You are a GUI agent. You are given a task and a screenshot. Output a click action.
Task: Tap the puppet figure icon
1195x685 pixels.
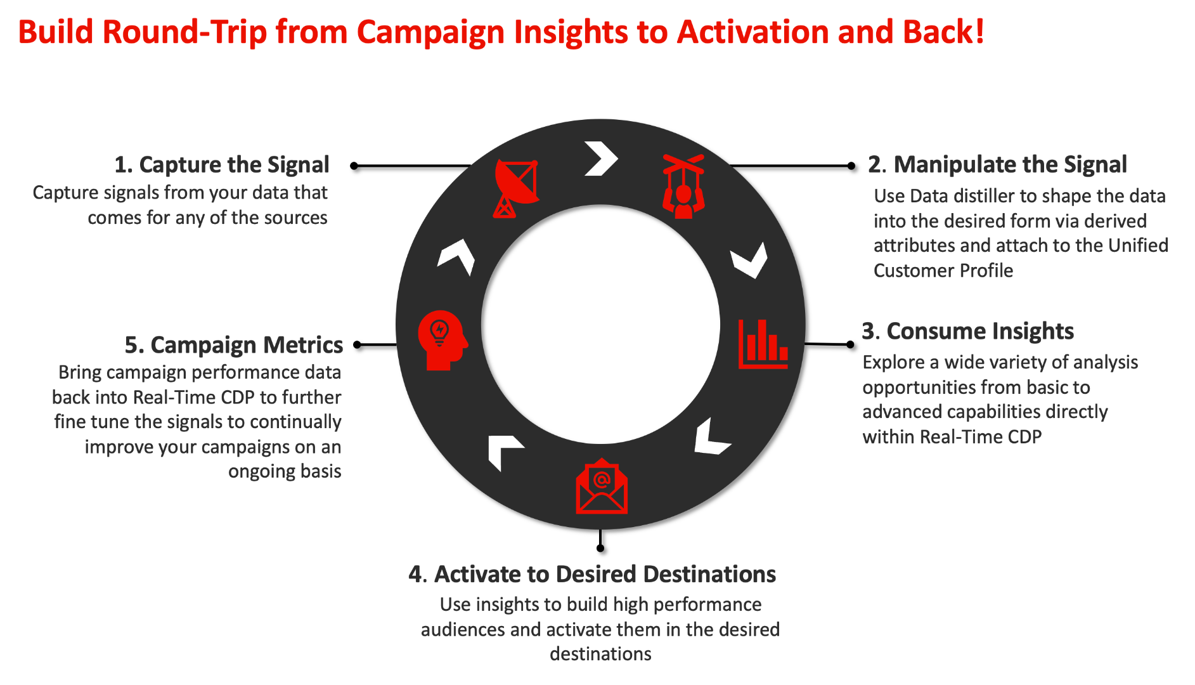[x=683, y=187]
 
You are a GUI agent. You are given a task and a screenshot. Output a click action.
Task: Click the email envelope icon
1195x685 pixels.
[x=601, y=487]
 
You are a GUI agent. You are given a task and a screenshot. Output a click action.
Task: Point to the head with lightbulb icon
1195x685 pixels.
[x=442, y=339]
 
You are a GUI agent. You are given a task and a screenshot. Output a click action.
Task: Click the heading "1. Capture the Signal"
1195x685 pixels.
[x=221, y=165]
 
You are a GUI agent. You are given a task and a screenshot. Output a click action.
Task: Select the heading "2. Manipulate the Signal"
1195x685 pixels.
[x=997, y=165]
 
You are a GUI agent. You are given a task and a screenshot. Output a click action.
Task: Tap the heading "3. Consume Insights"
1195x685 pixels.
[x=967, y=331]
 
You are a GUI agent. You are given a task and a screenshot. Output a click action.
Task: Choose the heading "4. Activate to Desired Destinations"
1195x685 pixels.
[x=592, y=574]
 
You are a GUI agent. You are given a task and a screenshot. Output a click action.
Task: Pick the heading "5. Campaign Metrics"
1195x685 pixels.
[x=233, y=345]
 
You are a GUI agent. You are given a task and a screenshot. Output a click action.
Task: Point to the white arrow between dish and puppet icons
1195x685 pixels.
[x=600, y=159]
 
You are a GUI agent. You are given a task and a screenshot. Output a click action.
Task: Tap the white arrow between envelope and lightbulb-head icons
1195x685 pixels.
[x=504, y=451]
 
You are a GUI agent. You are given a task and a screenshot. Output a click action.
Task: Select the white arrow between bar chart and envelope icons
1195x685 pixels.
[x=711, y=438]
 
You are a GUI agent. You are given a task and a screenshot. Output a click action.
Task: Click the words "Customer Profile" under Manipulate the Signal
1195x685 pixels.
[x=943, y=271]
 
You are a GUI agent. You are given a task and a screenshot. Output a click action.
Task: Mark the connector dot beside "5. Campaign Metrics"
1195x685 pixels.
[x=358, y=345]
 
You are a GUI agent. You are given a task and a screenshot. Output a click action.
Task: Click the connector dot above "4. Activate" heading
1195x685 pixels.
[x=600, y=548]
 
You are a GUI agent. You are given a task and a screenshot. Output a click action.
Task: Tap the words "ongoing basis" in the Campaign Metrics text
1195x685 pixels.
[x=285, y=472]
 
